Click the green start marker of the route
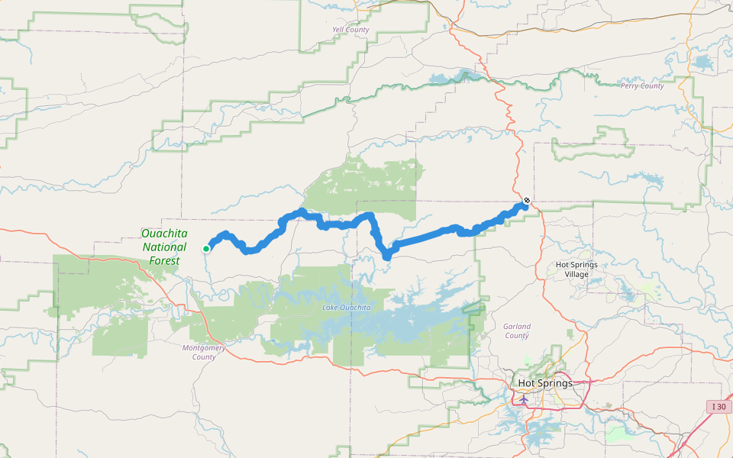click(x=206, y=248)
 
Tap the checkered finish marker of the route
click(x=526, y=201)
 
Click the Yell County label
click(x=351, y=30)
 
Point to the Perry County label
click(x=642, y=85)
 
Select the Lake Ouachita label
click(x=347, y=307)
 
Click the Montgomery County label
click(x=204, y=352)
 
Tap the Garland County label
click(x=517, y=331)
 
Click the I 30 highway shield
click(x=718, y=406)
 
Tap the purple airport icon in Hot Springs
click(x=524, y=398)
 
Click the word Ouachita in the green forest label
click(x=164, y=234)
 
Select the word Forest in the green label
click(x=165, y=261)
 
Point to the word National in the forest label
click(x=164, y=247)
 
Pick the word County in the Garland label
click(x=517, y=336)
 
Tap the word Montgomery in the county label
click(x=204, y=347)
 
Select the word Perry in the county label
click(x=631, y=85)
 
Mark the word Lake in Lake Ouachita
click(x=330, y=307)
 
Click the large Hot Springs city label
click(x=545, y=383)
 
